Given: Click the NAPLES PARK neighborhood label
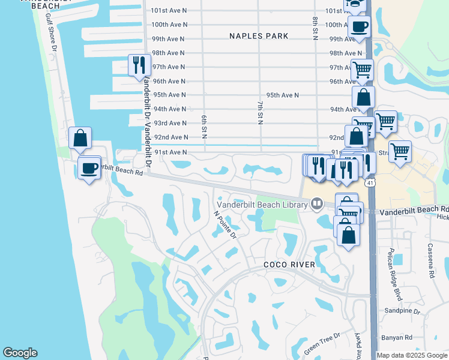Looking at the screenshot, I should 259,36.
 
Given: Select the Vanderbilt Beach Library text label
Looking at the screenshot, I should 263,204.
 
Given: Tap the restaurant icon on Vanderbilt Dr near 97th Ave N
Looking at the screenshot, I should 139,65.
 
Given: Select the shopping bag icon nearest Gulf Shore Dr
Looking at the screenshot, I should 80,138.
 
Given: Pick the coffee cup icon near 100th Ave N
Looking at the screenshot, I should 359,26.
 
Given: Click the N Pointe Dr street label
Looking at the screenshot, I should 226,224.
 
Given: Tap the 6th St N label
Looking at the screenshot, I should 204,126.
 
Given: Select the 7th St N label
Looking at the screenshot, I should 261,112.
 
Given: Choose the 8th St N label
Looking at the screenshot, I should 315,28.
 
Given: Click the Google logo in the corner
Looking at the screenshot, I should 20,353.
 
